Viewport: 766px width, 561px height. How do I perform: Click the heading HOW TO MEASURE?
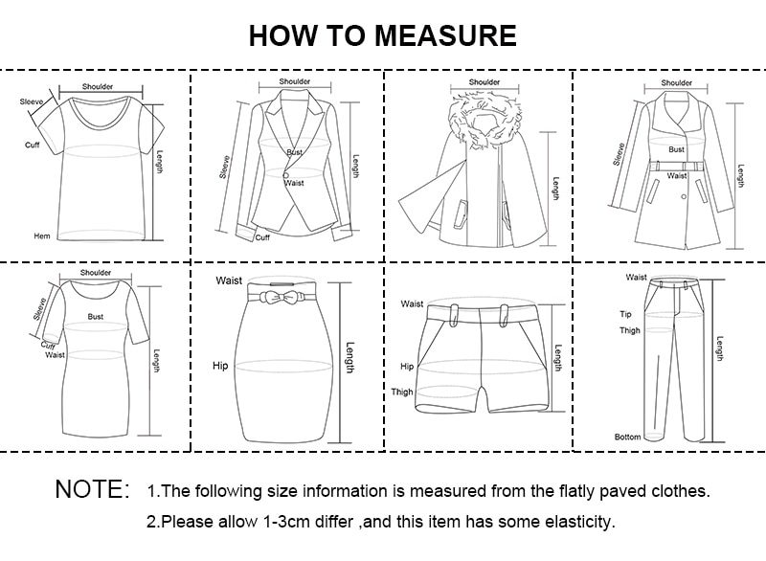[382, 35]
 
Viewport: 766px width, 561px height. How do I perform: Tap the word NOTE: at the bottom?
[92, 490]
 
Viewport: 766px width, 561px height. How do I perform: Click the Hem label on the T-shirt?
[42, 236]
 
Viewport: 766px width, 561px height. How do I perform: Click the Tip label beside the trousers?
[627, 314]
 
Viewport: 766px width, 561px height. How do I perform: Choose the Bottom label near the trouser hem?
[627, 437]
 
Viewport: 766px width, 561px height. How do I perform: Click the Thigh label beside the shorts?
[401, 392]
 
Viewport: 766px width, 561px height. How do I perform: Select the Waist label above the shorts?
[412, 303]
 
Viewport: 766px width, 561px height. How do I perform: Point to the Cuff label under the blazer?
[262, 237]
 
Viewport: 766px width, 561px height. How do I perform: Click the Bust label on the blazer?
[295, 153]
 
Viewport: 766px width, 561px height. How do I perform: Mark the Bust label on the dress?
[96, 315]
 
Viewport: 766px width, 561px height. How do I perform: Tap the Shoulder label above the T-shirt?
[97, 86]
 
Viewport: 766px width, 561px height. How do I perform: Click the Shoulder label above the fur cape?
[484, 82]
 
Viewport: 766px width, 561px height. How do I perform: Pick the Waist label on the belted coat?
[677, 175]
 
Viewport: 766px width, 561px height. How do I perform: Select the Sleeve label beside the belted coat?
[619, 153]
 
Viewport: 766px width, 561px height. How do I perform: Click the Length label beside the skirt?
[350, 358]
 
